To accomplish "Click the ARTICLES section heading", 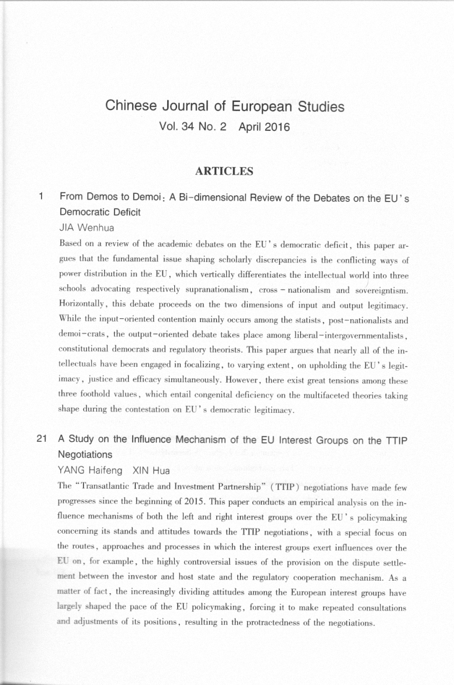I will [224, 171].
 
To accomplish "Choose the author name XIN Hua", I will [151, 470].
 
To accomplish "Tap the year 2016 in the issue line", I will [276, 127].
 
